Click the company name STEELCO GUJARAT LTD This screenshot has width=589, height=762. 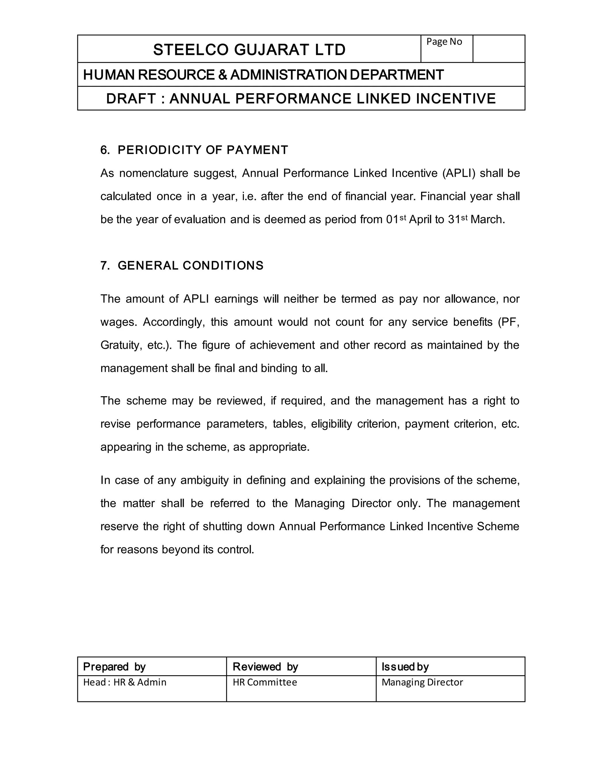pos(249,49)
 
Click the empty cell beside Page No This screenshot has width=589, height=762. pos(499,49)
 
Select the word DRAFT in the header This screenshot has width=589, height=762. pos(131,99)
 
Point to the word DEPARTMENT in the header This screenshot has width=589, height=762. pos(396,75)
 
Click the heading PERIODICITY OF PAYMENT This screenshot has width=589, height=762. pos(202,150)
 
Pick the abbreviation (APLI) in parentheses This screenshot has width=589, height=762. pos(459,173)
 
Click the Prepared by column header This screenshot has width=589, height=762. pos(114,667)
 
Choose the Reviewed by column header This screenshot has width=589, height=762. pos(265,667)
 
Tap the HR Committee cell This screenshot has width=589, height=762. pos(265,682)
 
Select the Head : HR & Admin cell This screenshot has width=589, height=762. pos(125,682)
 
